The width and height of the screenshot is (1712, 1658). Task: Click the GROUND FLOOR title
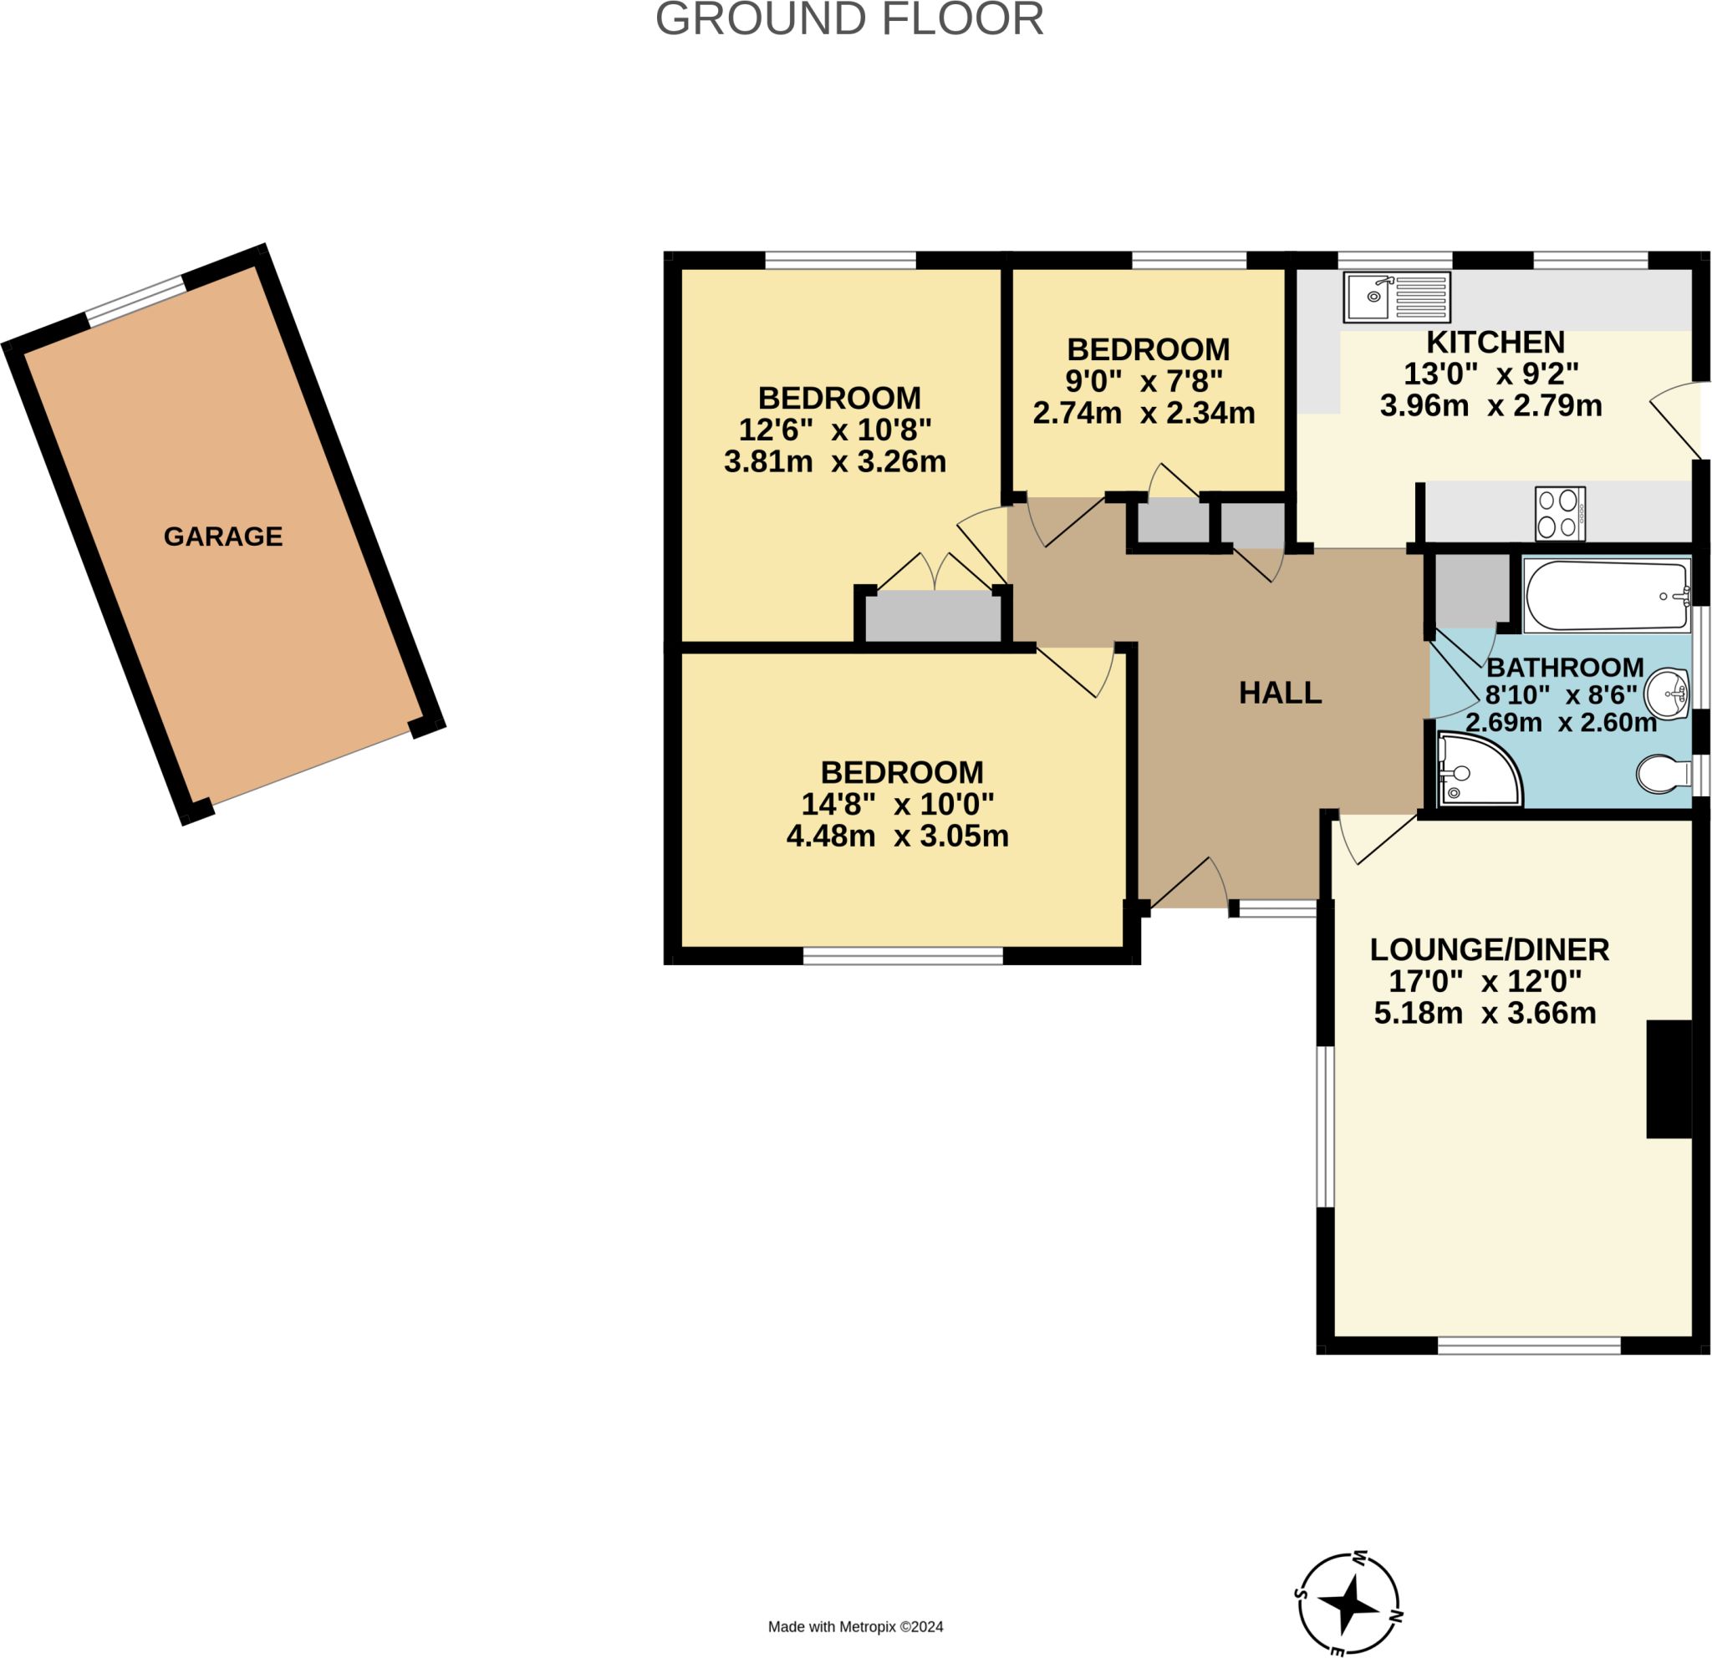pos(849,19)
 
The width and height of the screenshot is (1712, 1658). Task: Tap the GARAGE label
pos(222,536)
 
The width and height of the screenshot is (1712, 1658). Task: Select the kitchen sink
pos(1398,297)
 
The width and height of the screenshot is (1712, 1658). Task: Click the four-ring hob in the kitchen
pos(1560,513)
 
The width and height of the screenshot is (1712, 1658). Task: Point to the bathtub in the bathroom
pos(1608,596)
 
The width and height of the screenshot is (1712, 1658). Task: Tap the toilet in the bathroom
pos(1663,774)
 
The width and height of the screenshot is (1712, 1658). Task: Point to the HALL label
pos(1281,692)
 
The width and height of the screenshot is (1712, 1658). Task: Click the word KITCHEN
pos(1495,342)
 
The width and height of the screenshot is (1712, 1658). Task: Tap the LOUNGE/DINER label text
pos(1490,949)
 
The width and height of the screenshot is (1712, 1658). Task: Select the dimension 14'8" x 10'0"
pos(898,803)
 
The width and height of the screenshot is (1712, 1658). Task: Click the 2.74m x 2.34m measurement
pos(1144,412)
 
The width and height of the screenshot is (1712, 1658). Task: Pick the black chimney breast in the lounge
pos(1669,1079)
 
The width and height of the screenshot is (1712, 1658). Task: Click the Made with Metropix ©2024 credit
pos(856,1626)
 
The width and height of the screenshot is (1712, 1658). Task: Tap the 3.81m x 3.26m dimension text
pos(835,461)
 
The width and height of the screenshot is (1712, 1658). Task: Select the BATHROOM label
pos(1565,667)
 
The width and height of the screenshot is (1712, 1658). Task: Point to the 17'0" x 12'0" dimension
pos(1485,981)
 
